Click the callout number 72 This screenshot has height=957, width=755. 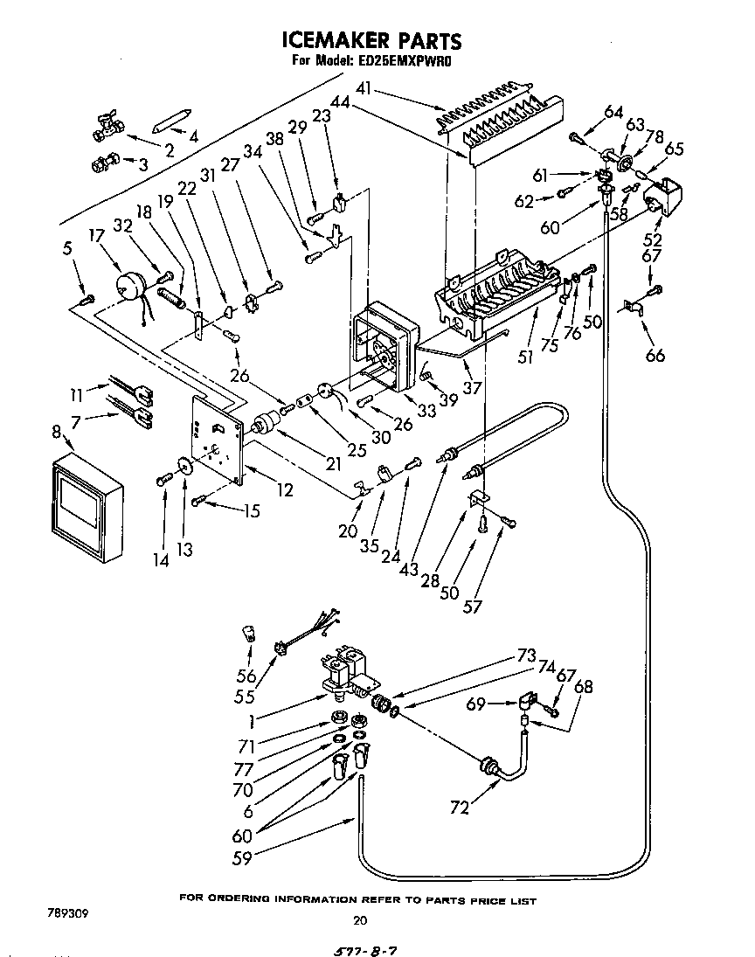(x=459, y=808)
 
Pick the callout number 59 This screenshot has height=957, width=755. (x=242, y=858)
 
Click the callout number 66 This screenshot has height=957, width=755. (x=655, y=354)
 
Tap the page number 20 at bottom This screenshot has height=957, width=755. (x=359, y=919)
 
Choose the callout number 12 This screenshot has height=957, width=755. (x=284, y=490)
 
